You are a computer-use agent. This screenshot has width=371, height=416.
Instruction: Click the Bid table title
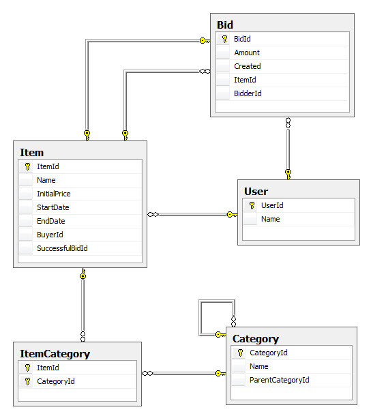coord(225,25)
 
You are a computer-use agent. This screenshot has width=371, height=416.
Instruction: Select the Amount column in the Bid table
coord(247,53)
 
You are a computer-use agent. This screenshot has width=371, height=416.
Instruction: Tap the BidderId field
coord(248,93)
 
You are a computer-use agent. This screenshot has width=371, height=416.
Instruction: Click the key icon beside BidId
coord(224,39)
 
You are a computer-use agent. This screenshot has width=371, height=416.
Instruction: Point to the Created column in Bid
coord(248,66)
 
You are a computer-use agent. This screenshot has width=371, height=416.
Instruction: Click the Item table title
coord(31,153)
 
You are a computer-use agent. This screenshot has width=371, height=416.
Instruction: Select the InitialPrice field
coord(54,194)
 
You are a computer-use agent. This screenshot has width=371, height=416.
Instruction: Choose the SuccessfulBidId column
coord(62,248)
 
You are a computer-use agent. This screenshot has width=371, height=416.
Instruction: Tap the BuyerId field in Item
coord(50,235)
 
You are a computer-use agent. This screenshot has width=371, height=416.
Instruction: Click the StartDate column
coord(53,207)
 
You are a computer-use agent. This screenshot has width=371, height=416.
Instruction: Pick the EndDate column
coord(50,221)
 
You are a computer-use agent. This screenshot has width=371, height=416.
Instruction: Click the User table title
coord(256,192)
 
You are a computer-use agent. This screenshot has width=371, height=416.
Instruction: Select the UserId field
coord(272,205)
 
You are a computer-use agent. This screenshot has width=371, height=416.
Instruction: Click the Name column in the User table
coord(271,219)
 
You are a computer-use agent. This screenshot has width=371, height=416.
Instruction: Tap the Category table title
coord(256,339)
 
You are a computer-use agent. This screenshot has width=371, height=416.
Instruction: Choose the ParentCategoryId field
coord(279,380)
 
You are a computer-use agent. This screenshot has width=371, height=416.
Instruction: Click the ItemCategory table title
coord(55,354)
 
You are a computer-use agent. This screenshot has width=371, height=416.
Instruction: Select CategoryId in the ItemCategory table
coord(56,381)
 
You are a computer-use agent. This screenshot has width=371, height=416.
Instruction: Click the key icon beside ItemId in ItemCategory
coord(27,368)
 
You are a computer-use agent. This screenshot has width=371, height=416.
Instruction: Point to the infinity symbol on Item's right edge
coord(153,214)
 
